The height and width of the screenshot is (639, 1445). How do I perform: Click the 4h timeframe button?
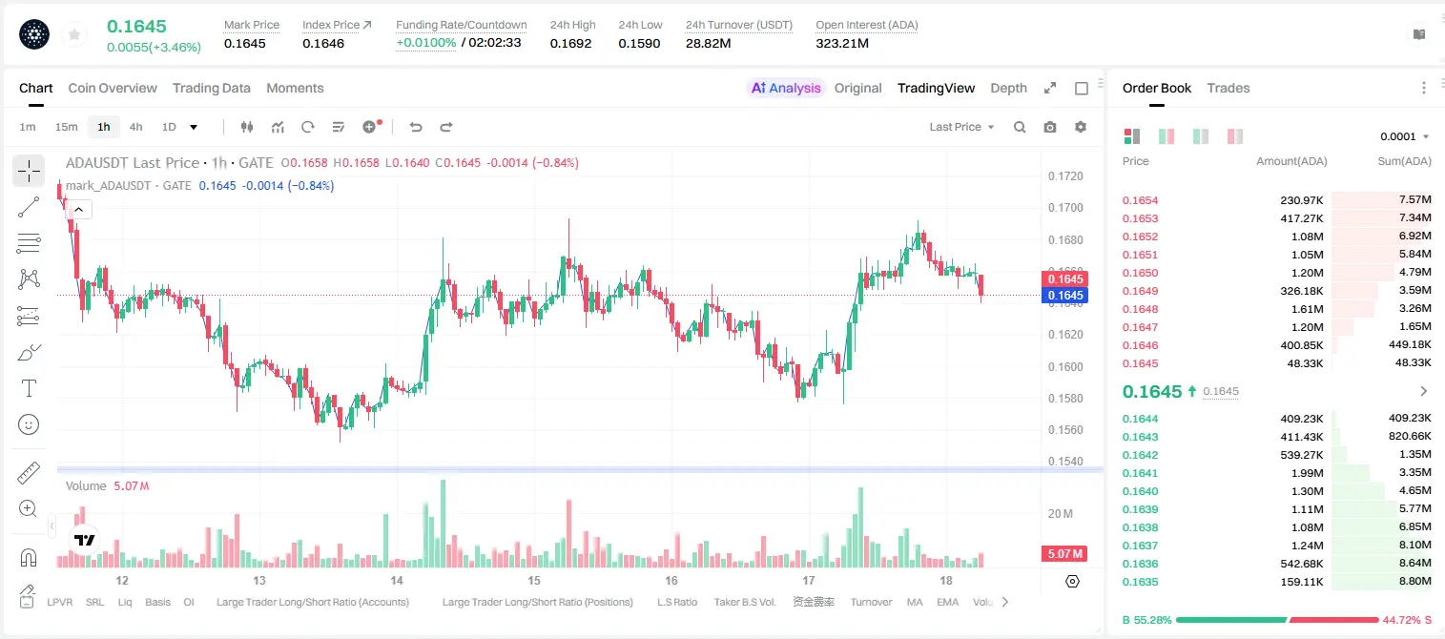tap(135, 127)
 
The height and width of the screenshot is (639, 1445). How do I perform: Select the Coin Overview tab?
tap(113, 88)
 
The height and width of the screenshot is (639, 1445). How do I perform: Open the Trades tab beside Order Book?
tap(1228, 88)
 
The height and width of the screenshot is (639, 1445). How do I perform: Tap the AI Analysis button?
tap(786, 88)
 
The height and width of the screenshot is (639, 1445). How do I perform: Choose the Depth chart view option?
tap(1008, 88)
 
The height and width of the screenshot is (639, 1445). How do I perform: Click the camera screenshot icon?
tap(1050, 127)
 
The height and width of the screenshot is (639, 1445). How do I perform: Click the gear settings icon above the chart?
tap(1081, 127)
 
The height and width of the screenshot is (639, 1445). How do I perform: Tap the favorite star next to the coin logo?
tap(74, 35)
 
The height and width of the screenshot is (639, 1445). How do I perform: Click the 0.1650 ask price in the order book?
tap(1140, 273)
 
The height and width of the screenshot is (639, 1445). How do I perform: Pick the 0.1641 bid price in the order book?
tap(1140, 473)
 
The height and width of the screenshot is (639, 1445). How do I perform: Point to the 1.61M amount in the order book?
tap(1307, 309)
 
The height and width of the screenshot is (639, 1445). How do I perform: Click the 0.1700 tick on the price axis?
tap(1065, 208)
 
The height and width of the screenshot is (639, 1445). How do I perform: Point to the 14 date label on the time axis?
tap(397, 580)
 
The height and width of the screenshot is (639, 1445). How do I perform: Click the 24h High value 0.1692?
tap(571, 43)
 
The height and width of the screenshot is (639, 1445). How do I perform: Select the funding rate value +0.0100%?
tap(425, 43)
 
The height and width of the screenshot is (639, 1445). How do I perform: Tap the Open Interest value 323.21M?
tap(842, 43)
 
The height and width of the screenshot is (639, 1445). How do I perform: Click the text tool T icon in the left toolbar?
tap(29, 388)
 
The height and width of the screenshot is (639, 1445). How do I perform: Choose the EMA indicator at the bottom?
tap(947, 602)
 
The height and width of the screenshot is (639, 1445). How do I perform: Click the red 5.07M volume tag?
tap(1064, 553)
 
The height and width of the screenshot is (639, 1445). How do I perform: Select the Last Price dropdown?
tap(961, 127)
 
